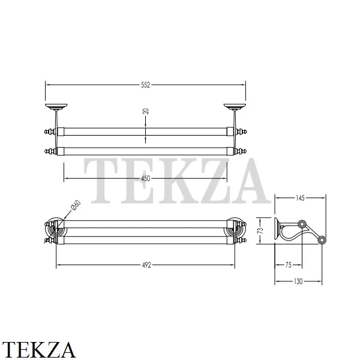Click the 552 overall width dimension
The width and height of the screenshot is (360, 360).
tap(146, 85)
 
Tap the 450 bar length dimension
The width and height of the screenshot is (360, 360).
tap(146, 178)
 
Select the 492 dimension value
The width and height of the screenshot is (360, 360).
tap(146, 265)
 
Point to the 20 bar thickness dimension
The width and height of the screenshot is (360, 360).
tap(146, 111)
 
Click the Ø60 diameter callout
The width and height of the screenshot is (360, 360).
tap(76, 205)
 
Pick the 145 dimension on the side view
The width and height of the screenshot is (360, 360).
tap(300, 198)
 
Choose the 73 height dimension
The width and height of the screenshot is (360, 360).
tap(260, 230)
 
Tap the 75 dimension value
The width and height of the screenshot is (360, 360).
tap(288, 265)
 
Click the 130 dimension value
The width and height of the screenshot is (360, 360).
tap(298, 281)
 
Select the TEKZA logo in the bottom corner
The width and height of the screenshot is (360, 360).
tap(38, 349)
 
